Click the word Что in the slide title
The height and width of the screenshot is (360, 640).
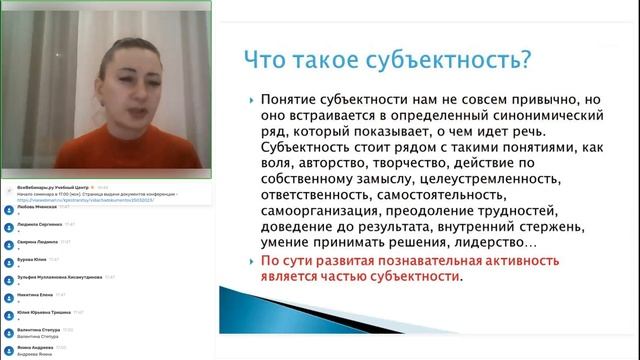pyautogui.click(x=269, y=60)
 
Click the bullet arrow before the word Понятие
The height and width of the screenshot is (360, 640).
pyautogui.click(x=250, y=101)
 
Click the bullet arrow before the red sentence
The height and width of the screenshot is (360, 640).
pyautogui.click(x=250, y=261)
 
